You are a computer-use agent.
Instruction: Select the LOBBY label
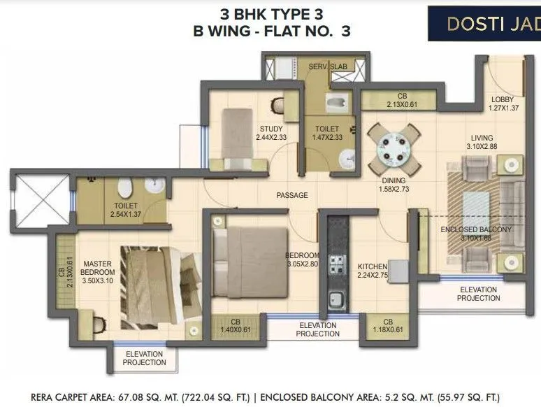point(502,100)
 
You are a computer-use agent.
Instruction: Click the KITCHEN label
point(373,266)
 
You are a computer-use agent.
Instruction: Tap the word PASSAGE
point(291,195)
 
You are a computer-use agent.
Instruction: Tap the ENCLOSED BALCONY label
point(476,229)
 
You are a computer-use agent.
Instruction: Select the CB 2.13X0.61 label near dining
point(402,100)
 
